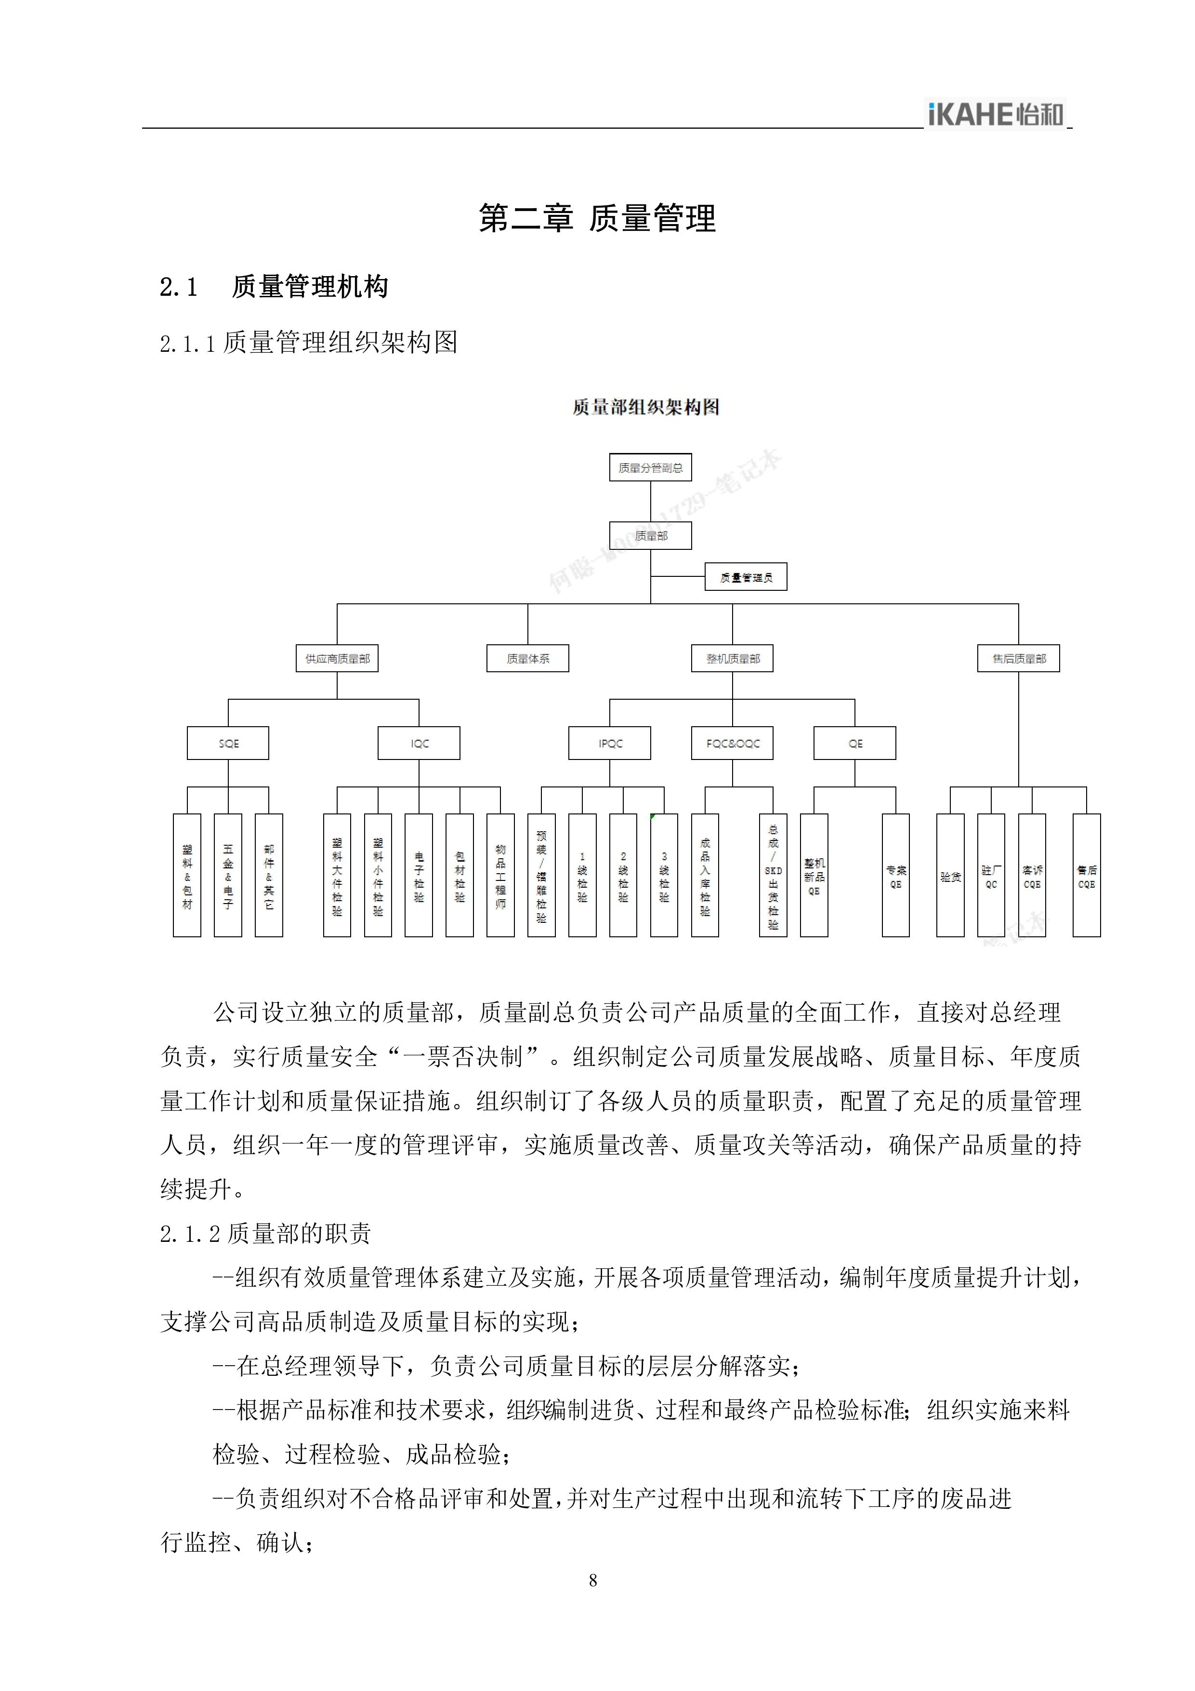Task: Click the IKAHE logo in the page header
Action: [996, 114]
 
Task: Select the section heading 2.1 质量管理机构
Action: [274, 287]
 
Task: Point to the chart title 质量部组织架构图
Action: [646, 407]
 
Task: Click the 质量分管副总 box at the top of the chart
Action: [650, 467]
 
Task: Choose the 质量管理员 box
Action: [746, 577]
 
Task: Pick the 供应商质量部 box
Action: [337, 658]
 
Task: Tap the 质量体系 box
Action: [528, 658]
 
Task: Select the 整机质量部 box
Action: [733, 658]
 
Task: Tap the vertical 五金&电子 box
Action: [228, 875]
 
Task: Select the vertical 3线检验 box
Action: [664, 875]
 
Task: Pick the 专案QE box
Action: [895, 875]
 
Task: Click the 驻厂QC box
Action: [991, 875]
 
